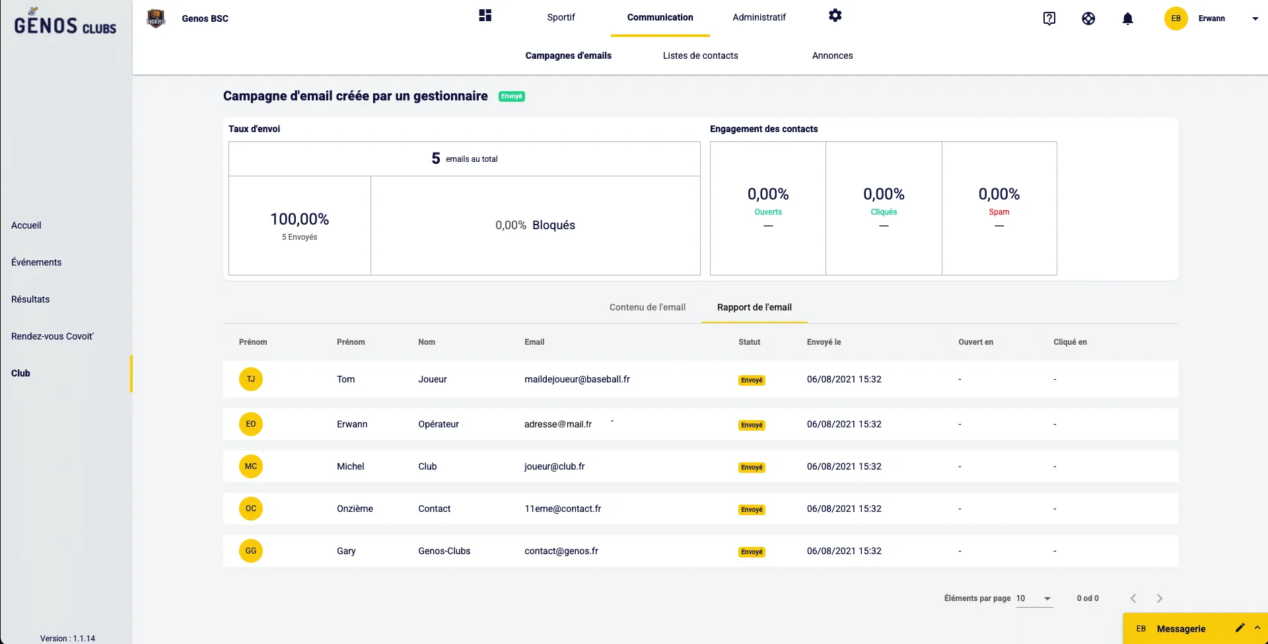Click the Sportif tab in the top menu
[561, 18]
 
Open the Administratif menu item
[759, 18]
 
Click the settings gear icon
[835, 16]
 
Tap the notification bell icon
[1127, 19]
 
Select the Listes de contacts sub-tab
[700, 56]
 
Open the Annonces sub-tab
[832, 56]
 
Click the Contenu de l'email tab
[647, 308]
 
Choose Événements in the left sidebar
[36, 263]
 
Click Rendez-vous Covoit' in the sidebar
[52, 337]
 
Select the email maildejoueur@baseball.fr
[577, 380]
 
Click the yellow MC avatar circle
[251, 467]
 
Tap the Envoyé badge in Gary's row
[752, 552]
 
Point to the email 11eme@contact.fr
[563, 509]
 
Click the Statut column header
[749, 342]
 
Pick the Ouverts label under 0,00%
[768, 212]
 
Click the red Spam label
[999, 212]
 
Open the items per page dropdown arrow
[1047, 599]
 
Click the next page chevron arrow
[1159, 599]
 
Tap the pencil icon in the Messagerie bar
[1240, 628]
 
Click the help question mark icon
[1049, 19]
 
